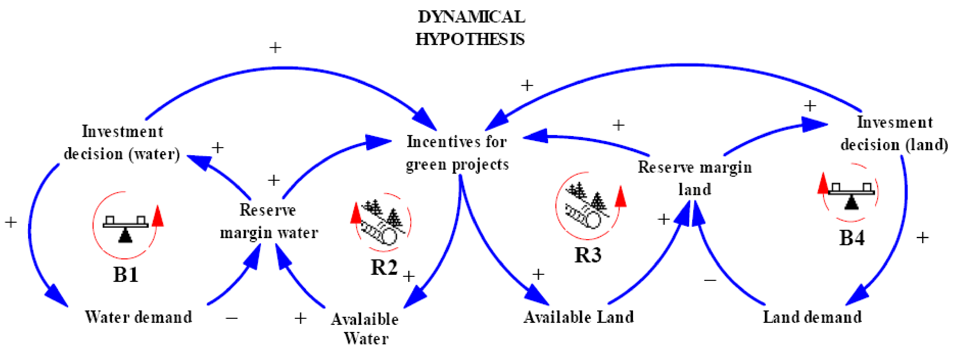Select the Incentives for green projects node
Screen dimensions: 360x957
457,153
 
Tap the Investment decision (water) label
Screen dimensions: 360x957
122,143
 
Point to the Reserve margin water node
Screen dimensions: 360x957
269,221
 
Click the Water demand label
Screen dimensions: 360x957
138,317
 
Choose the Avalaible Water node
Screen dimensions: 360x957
365,329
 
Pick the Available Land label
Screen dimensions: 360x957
578,317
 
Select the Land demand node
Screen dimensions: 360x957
812,317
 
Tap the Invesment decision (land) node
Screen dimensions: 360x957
894,133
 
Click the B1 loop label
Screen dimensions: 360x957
126,275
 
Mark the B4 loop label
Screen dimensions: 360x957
852,238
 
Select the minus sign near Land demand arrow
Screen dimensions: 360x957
710,280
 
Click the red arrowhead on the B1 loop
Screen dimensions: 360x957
158,215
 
